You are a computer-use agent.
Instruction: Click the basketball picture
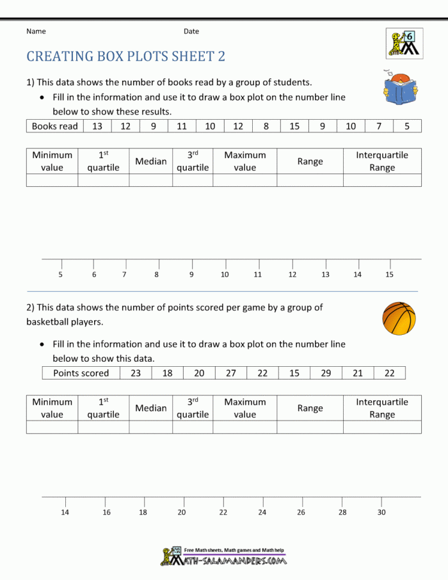(399, 319)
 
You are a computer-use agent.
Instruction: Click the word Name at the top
(36, 31)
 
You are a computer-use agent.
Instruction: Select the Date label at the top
(191, 31)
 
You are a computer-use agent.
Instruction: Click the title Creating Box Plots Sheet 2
(125, 56)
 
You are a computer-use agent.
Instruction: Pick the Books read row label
(54, 126)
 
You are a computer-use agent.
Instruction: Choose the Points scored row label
(81, 373)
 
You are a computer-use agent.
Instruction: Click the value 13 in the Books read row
(97, 126)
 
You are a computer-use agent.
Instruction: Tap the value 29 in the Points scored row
(326, 373)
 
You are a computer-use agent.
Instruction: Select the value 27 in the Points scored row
(231, 373)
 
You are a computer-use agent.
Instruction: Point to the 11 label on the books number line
(257, 275)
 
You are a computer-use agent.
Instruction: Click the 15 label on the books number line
(389, 275)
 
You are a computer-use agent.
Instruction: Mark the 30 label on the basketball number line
(381, 512)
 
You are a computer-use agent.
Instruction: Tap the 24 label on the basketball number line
(262, 512)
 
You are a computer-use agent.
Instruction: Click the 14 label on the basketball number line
(65, 512)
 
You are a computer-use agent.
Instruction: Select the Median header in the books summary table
(151, 161)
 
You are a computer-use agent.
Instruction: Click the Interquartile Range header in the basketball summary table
(382, 408)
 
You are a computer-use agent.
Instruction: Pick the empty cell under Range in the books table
(310, 180)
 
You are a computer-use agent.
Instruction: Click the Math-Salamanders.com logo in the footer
(223, 556)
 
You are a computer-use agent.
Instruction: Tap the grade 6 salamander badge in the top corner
(404, 43)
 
